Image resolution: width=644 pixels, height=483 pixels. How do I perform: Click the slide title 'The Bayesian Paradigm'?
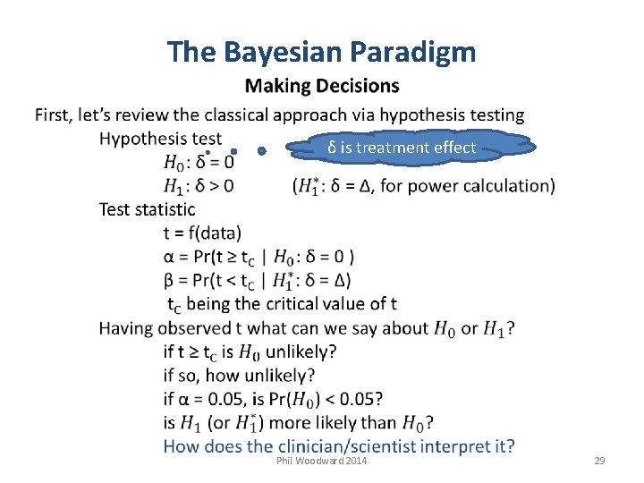coord(321,53)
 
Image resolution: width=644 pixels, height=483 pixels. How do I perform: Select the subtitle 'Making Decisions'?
coord(322,86)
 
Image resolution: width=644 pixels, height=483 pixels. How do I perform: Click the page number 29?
coord(599,460)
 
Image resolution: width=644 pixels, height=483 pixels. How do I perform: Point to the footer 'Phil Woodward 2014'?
coord(322,460)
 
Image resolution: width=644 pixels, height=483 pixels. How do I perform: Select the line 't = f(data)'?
coord(202,233)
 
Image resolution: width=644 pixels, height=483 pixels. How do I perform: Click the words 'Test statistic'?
coord(147,209)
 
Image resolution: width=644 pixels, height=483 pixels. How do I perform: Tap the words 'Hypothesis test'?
coord(160,139)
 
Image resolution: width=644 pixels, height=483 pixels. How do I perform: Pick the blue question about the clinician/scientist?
coord(339,445)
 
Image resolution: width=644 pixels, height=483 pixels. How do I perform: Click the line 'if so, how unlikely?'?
coord(239,375)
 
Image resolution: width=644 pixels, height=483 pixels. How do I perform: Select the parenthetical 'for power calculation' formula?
coord(423,186)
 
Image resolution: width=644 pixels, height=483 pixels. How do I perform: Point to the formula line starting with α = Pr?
coord(258,257)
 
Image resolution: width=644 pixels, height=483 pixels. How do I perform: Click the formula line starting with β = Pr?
coord(258,280)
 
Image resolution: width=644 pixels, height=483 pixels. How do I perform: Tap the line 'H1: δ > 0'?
coord(199,186)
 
